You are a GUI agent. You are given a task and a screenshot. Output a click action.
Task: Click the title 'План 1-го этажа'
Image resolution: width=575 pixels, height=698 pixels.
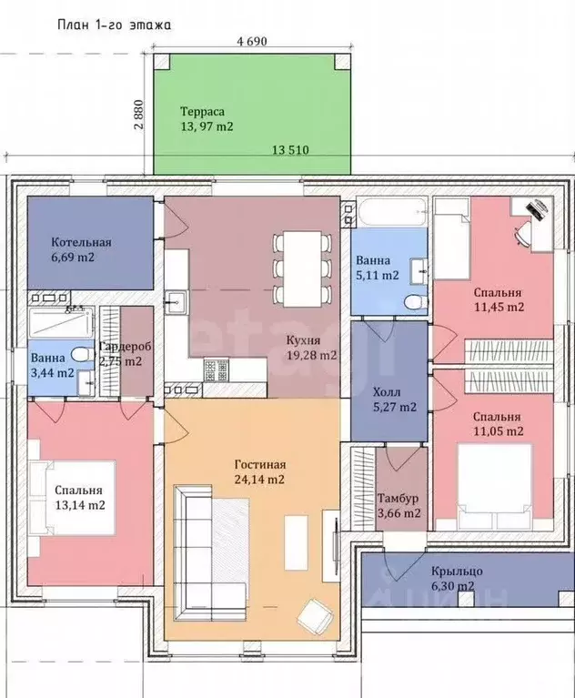(x=114, y=25)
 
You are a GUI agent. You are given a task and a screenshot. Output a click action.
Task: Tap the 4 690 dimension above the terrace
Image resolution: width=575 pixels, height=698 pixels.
(x=252, y=42)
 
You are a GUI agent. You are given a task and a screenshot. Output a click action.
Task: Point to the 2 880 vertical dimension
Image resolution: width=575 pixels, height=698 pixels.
(x=139, y=114)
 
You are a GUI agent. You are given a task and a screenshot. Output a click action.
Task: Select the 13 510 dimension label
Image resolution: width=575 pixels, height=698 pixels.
(x=290, y=150)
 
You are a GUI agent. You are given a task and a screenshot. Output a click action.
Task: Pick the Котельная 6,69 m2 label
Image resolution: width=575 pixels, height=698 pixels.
(x=81, y=249)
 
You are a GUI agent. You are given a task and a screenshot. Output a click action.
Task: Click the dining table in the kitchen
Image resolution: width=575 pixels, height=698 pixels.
(x=303, y=268)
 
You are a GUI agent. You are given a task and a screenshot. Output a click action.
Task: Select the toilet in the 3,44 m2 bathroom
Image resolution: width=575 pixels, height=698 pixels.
(x=82, y=355)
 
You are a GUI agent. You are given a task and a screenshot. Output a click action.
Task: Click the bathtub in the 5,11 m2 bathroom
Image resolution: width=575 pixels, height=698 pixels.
(x=392, y=212)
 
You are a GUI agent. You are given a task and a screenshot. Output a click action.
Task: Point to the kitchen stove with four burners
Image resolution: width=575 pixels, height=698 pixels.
(x=216, y=370)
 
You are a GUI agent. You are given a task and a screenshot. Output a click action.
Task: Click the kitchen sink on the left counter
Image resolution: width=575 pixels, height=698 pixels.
(x=177, y=302)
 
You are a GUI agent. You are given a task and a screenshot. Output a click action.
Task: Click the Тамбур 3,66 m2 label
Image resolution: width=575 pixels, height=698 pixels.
(x=398, y=505)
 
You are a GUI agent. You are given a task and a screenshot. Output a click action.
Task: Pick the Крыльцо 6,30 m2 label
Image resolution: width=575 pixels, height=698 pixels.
(x=457, y=578)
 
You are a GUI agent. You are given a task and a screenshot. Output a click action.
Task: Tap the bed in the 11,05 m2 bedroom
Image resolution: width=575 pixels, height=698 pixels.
(x=500, y=483)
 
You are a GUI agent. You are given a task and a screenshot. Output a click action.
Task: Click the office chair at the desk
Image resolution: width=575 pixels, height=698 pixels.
(x=521, y=234)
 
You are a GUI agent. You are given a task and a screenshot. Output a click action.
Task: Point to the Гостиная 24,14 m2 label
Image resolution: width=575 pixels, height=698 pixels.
(x=260, y=472)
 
